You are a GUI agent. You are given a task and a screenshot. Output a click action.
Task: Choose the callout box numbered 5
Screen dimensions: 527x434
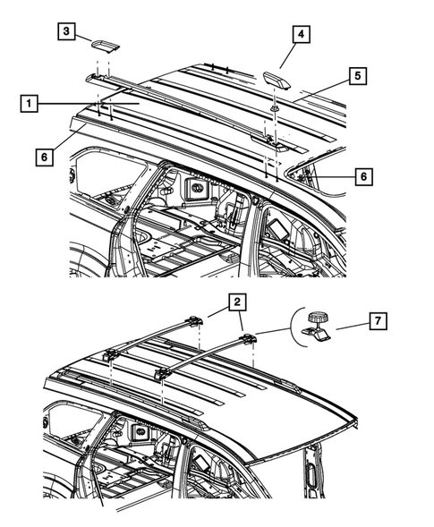356,76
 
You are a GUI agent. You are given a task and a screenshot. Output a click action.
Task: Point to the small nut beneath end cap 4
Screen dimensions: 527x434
274,109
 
